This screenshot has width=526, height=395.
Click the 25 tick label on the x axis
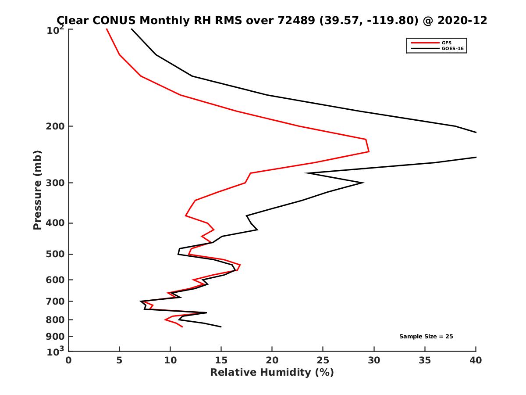pyautogui.click(x=323, y=360)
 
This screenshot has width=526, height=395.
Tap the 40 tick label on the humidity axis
pyautogui.click(x=476, y=360)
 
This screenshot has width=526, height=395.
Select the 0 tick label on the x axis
pyautogui.click(x=69, y=360)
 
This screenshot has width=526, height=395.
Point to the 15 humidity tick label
pyautogui.click(x=221, y=360)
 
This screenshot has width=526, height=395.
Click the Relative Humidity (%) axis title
pyautogui.click(x=272, y=373)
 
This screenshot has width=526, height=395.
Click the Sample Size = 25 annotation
pyautogui.click(x=426, y=337)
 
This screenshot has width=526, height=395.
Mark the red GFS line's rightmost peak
pyautogui.click(x=369, y=151)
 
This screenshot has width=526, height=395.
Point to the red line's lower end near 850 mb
pyautogui.click(x=182, y=327)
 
